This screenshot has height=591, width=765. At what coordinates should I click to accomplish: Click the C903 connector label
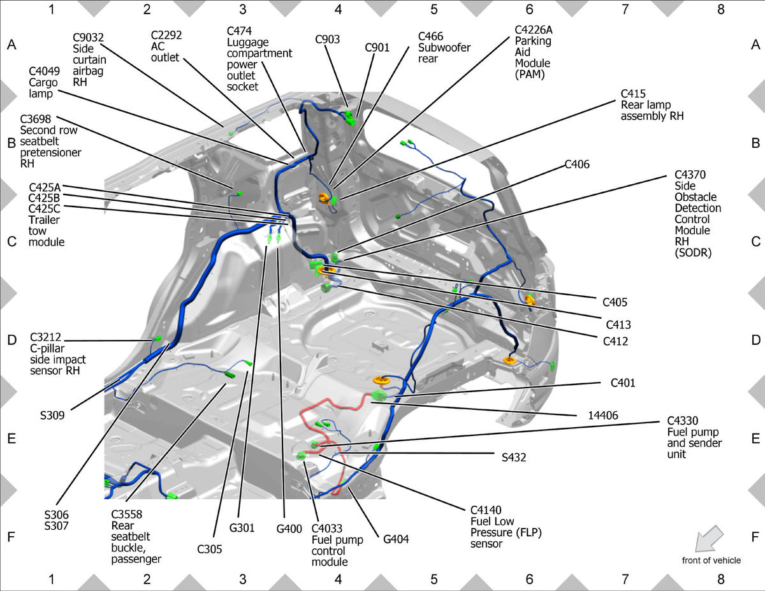click(x=328, y=39)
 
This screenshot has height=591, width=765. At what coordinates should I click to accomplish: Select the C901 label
click(x=377, y=47)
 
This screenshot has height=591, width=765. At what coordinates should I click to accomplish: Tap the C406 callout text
click(x=577, y=164)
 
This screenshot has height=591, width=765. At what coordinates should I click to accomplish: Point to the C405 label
click(x=615, y=302)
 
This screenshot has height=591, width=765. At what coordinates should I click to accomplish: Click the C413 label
click(x=618, y=324)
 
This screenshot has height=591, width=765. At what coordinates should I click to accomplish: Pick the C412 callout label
click(x=615, y=341)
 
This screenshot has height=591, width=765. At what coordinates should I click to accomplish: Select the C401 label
click(x=623, y=383)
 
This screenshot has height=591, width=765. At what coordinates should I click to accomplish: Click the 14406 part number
click(x=603, y=415)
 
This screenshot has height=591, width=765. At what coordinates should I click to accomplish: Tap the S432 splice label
click(x=514, y=457)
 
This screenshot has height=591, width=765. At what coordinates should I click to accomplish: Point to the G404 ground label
click(x=396, y=539)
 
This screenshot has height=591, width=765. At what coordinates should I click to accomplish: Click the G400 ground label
click(x=289, y=529)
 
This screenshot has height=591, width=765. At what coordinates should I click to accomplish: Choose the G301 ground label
click(x=242, y=528)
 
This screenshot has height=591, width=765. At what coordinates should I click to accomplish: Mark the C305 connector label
click(x=210, y=549)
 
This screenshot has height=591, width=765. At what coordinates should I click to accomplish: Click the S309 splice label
click(x=52, y=415)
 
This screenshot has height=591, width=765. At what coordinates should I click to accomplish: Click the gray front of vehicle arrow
click(x=709, y=538)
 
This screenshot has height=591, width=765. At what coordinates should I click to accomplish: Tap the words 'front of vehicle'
click(x=711, y=560)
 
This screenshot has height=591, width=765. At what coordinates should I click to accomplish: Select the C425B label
click(x=45, y=198)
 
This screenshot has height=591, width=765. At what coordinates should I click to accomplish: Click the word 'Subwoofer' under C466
click(x=444, y=48)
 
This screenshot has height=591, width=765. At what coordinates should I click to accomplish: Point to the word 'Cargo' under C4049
click(x=43, y=82)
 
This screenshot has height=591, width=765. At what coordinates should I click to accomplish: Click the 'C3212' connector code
click(x=45, y=337)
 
